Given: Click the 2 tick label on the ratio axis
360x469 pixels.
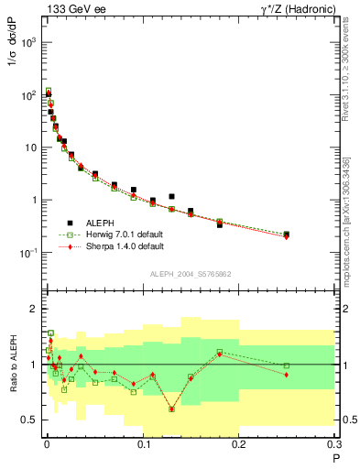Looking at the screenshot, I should tap(37, 309).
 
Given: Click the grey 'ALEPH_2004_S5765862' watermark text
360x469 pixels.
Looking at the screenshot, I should tap(190, 274).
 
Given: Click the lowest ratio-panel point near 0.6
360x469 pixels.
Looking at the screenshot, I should tap(171, 409).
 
